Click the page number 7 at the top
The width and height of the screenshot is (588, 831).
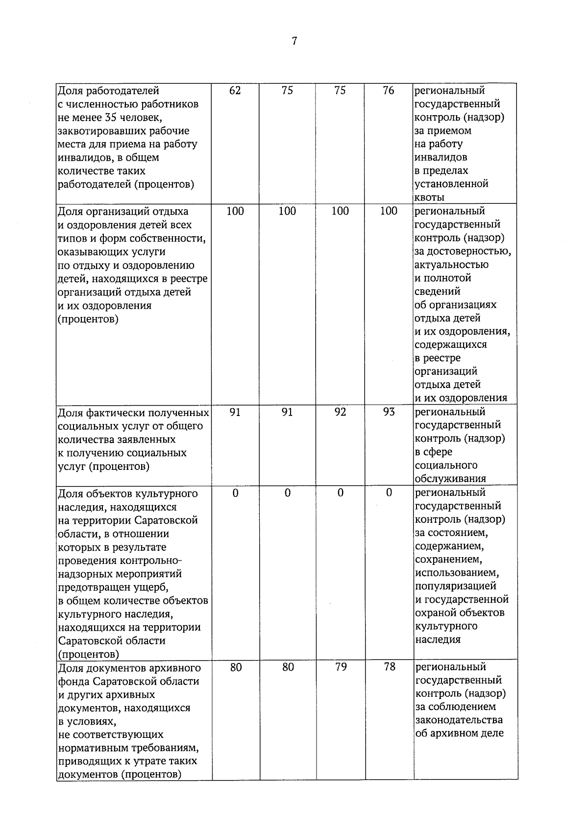pyautogui.click(x=294, y=41)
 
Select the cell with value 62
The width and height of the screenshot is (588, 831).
pyautogui.click(x=235, y=91)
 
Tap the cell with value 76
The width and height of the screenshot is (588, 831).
pyautogui.click(x=389, y=91)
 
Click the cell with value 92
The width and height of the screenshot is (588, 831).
pyautogui.click(x=340, y=412)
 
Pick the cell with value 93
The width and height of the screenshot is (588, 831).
pyautogui.click(x=389, y=412)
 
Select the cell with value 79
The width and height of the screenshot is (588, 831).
pyautogui.click(x=341, y=667)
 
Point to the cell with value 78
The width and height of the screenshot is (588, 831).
pyautogui.click(x=390, y=667)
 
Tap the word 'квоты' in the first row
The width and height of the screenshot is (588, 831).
pyautogui.click(x=430, y=197)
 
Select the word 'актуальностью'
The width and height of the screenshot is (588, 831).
pyautogui.click(x=451, y=265)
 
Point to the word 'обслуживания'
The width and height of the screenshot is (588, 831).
pyautogui.click(x=450, y=479)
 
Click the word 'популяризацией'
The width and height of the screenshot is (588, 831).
pyautogui.click(x=456, y=587)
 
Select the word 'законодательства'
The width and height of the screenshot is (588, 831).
pyautogui.click(x=459, y=720)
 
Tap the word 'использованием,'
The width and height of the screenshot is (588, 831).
pyautogui.click(x=457, y=573)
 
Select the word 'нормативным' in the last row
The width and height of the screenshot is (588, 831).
pyautogui.click(x=90, y=748)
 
